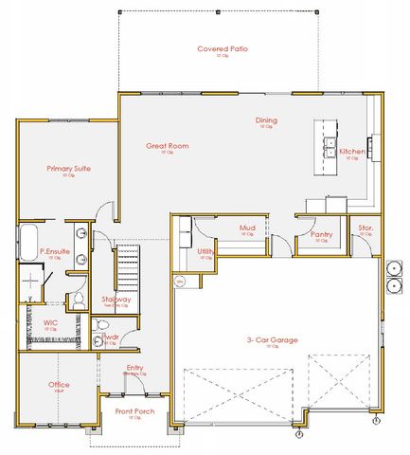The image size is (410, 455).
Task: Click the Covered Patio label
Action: point(223,48)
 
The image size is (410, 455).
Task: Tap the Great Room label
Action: point(167,146)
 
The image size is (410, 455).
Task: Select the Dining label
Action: point(266,120)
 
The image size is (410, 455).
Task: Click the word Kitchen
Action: point(351,152)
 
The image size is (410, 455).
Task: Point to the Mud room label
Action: point(247,227)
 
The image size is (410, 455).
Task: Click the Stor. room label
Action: point(365,227)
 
